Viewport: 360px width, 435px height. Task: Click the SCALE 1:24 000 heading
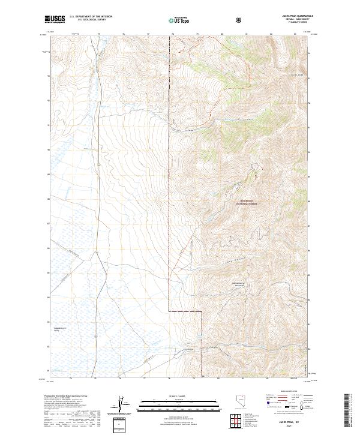click(172, 395)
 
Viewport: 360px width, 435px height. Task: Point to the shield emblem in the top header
click(240, 20)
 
